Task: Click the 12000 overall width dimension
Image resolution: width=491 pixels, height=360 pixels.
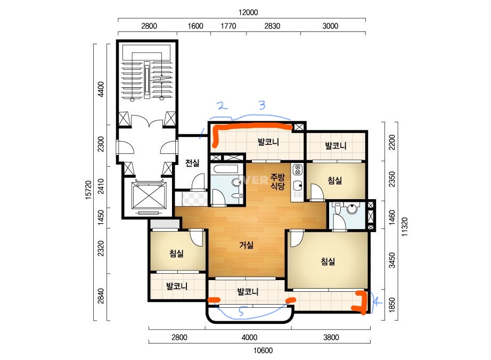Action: (248, 13)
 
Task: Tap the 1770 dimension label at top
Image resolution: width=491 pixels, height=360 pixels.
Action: (228, 26)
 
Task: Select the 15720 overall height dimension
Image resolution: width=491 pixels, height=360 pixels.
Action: (88, 190)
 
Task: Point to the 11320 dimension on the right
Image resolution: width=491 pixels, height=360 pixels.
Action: (405, 227)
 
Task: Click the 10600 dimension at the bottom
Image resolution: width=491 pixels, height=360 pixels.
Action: (263, 350)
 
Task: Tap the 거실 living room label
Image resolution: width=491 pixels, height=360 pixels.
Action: (246, 245)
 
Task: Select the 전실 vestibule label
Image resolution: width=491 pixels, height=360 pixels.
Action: (192, 163)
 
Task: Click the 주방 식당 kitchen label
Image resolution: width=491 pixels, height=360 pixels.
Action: (277, 182)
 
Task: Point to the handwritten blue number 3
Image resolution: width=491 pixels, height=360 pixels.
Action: (262, 105)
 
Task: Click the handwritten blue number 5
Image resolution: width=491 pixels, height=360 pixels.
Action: (241, 312)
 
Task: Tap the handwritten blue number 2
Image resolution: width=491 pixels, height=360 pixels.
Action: (222, 106)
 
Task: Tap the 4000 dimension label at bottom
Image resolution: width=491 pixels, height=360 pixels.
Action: (250, 338)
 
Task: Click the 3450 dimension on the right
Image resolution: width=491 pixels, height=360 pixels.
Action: (392, 260)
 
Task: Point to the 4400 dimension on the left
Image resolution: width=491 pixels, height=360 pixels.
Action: (101, 89)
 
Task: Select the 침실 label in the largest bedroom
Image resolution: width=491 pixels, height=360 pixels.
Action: (328, 261)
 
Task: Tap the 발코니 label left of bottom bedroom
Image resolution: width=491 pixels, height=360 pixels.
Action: (177, 286)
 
